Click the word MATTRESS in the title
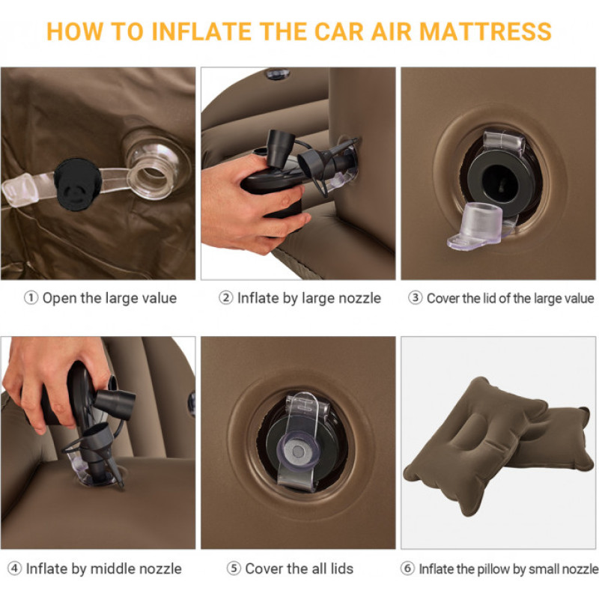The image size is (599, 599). click(485, 31)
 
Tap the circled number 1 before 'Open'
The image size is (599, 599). click(31, 298)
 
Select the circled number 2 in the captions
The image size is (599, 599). click(226, 298)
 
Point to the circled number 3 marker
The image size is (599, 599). click(416, 298)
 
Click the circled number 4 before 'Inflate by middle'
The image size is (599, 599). click(14, 568)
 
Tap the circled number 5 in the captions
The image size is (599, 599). click(234, 568)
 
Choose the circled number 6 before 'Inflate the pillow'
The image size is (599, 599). click(407, 568)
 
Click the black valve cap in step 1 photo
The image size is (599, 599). click(78, 184)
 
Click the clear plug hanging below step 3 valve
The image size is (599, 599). click(476, 226)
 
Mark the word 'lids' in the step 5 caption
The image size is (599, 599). click(342, 568)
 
